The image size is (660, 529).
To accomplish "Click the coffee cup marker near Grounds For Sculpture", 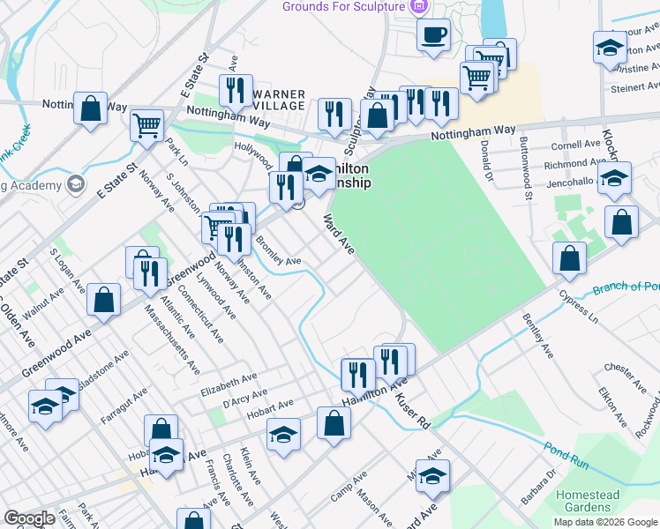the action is [433, 36].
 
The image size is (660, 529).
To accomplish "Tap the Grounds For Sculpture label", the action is [342, 7].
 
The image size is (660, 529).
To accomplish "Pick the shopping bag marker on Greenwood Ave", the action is [104, 299].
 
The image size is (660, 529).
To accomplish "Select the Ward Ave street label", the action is [338, 235].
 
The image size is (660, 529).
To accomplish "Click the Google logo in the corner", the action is [29, 518].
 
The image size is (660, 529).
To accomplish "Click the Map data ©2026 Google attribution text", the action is [605, 522].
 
